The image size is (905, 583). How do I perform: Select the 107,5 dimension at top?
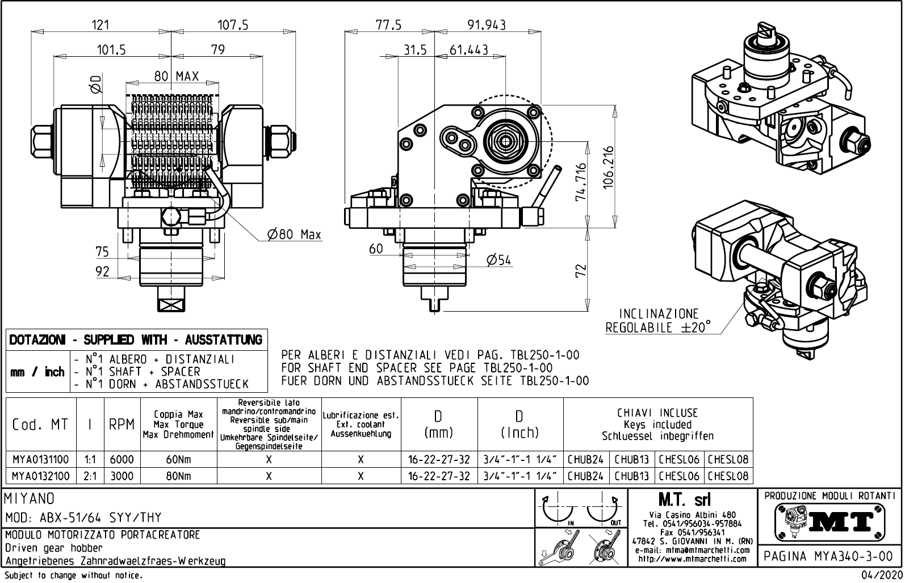[233, 24]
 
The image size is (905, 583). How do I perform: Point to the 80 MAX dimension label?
[177, 76]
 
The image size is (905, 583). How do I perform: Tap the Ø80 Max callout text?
[294, 234]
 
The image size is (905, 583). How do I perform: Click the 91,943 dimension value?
[487, 24]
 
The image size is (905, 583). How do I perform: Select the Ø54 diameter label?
[499, 260]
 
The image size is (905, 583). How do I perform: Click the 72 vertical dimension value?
[580, 271]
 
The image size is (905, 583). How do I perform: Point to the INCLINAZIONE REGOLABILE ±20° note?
[659, 321]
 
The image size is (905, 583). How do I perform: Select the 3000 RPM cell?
[121, 476]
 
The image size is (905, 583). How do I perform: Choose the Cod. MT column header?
[40, 425]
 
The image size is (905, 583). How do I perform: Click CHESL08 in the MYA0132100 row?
[728, 476]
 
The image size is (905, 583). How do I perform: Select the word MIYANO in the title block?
[30, 499]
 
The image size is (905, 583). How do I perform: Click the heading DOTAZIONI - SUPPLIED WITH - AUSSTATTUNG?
[136, 340]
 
